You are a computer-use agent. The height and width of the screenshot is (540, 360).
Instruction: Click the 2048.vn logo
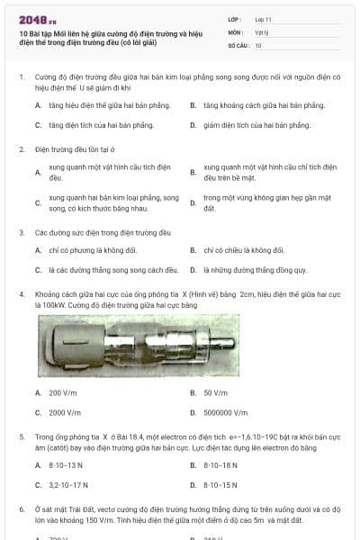pos(37,19)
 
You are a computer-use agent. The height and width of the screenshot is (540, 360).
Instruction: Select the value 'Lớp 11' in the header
pos(264,18)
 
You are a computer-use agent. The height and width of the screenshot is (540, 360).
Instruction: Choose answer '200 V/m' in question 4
pos(62,392)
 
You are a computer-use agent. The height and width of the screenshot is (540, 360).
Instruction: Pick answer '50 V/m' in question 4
pos(214,392)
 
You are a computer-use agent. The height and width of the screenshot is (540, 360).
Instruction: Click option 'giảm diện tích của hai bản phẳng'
pos(256,124)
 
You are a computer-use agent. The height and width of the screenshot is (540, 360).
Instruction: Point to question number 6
pos(22,509)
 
